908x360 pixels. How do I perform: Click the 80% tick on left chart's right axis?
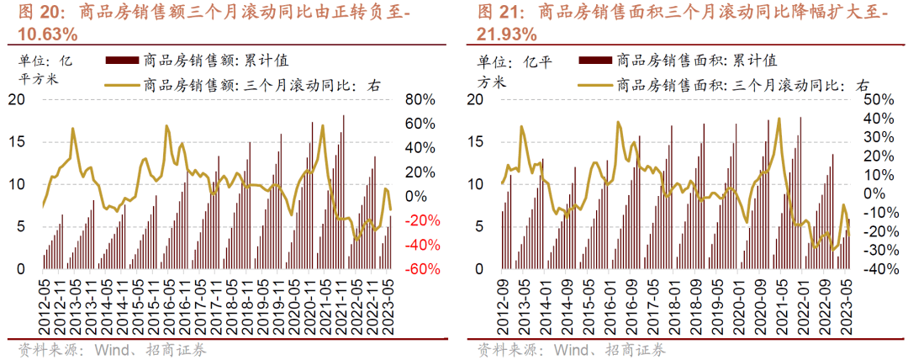[x=419, y=99]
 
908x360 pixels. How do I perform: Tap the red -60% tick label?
[x=418, y=269]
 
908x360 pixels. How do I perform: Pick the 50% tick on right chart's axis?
[x=874, y=99]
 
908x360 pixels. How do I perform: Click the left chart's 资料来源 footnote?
[x=45, y=349]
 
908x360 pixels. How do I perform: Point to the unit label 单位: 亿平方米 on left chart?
[x=46, y=69]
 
